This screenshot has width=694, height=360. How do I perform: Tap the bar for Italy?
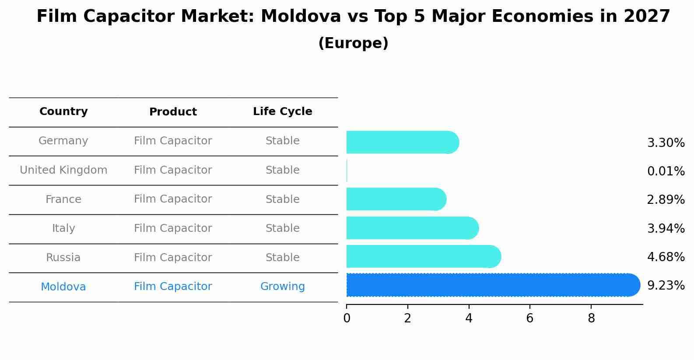pos(412,228)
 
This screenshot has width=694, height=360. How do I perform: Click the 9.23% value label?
pos(666,286)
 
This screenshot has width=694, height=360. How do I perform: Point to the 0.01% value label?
pos(666,171)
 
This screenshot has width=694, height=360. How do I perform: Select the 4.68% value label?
pos(666,257)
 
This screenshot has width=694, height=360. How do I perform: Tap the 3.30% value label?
pos(666,143)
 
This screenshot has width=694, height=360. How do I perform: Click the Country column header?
pos(63,112)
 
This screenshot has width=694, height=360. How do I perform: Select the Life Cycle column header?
pos(282,112)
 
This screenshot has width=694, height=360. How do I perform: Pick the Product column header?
pos(173,112)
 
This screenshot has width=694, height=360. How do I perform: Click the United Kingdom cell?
pos(63,170)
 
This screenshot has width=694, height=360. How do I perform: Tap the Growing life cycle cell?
pos(282,287)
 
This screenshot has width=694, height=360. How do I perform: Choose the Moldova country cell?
pos(63,287)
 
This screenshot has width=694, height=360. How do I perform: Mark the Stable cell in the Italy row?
pos(282,228)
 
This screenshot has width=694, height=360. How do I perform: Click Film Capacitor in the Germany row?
pos(173,141)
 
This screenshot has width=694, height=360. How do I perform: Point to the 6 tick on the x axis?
pos(530,318)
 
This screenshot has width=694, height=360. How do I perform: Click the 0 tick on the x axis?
pos(347,318)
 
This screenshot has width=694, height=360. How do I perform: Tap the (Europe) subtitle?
pos(353,43)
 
